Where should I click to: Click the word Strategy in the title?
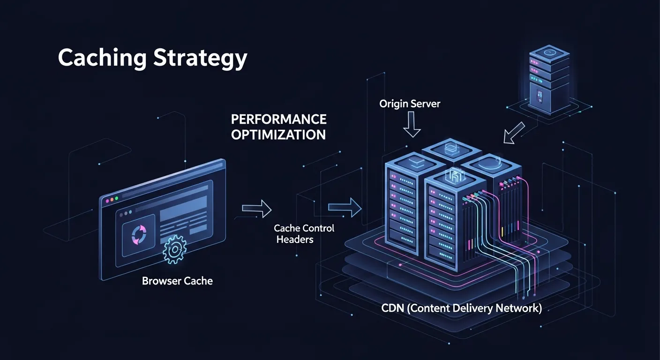pos(201,59)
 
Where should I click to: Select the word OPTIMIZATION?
pos(278,135)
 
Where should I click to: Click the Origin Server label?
pos(410,104)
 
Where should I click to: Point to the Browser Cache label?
pos(177,281)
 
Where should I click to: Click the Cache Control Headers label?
pos(304,233)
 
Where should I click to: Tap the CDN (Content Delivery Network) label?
pos(461,308)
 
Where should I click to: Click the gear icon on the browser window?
pos(174,250)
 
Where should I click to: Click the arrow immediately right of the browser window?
pos(256,208)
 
